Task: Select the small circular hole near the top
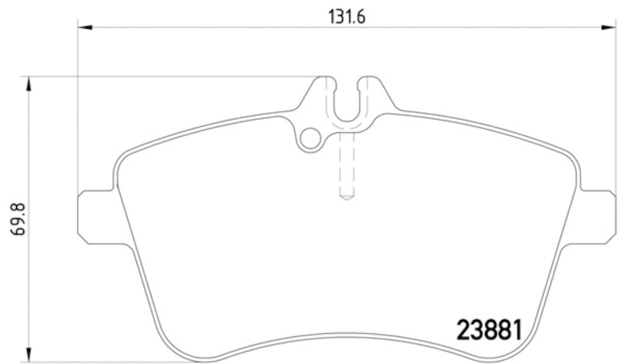311,139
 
